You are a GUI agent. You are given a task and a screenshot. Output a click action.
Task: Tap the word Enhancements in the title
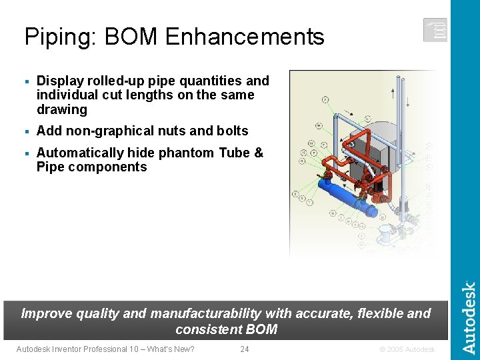pos(244,37)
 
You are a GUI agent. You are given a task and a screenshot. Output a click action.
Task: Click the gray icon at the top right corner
pos(435,30)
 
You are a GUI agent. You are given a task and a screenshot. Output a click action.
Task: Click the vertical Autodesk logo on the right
pos(469,317)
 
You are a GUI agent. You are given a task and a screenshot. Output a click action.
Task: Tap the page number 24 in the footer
pos(244,349)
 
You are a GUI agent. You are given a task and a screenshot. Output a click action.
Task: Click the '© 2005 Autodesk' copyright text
pos(407,349)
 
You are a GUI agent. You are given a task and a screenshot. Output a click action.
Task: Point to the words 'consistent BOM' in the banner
pos(226,329)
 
